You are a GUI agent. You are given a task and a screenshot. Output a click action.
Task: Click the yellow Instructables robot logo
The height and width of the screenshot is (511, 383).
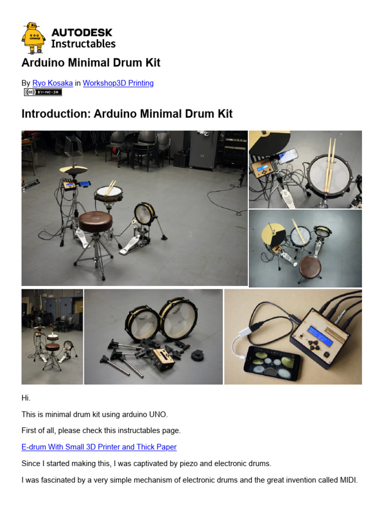33,38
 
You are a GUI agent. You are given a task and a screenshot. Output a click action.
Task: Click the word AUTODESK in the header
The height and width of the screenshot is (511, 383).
82,33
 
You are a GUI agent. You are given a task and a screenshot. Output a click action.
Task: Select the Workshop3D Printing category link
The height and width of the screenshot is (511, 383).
118,83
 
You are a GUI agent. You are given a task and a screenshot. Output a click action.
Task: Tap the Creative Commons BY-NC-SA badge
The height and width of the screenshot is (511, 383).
42,92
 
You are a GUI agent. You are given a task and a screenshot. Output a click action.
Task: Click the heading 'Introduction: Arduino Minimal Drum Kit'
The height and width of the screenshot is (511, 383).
127,114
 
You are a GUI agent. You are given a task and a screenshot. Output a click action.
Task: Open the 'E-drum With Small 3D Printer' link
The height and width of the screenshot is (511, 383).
99,447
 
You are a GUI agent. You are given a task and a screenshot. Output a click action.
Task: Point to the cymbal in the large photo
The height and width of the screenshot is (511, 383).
73,170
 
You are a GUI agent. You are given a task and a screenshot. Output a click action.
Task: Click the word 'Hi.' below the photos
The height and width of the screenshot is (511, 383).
26,398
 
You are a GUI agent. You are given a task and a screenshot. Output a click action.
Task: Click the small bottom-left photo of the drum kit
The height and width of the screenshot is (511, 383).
52,337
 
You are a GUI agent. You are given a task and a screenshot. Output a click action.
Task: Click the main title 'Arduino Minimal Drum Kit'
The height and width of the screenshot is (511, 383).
91,63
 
